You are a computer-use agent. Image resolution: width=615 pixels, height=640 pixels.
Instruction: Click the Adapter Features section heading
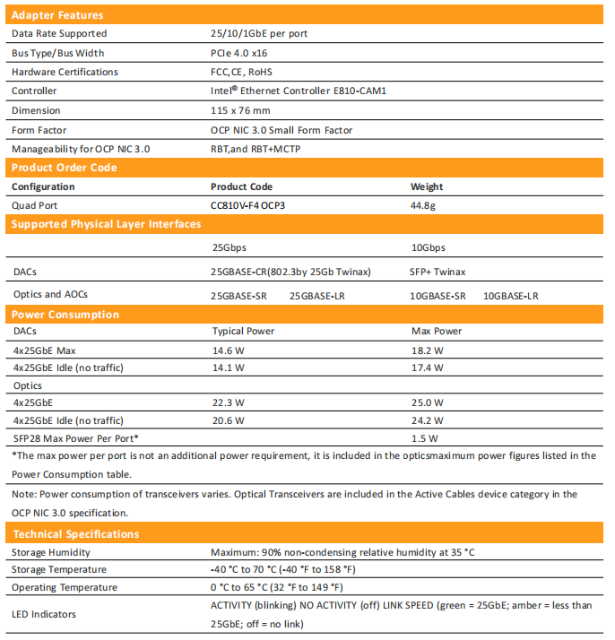[57, 14]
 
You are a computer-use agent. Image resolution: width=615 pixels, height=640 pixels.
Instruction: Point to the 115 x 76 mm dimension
[240, 110]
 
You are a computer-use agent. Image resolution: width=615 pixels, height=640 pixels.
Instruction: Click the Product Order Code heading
[64, 168]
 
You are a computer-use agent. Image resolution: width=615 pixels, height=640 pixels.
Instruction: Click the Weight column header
[427, 186]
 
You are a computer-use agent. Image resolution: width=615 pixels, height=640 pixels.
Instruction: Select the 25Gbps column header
[230, 247]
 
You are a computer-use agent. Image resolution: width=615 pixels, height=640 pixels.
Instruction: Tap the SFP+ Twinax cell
[438, 272]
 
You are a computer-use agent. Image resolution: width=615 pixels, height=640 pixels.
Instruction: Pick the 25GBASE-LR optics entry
[318, 295]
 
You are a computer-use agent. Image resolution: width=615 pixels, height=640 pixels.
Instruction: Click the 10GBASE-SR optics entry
[438, 295]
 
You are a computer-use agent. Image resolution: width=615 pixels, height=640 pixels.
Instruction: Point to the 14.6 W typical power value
[228, 350]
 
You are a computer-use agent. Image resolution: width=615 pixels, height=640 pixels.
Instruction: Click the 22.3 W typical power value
[228, 402]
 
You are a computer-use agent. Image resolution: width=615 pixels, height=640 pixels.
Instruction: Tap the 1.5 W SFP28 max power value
[423, 438]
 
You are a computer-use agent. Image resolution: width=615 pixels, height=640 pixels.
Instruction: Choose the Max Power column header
[437, 331]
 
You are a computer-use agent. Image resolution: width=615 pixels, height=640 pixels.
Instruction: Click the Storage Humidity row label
[51, 552]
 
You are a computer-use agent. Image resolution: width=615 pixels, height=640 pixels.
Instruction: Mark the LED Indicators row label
[45, 614]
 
